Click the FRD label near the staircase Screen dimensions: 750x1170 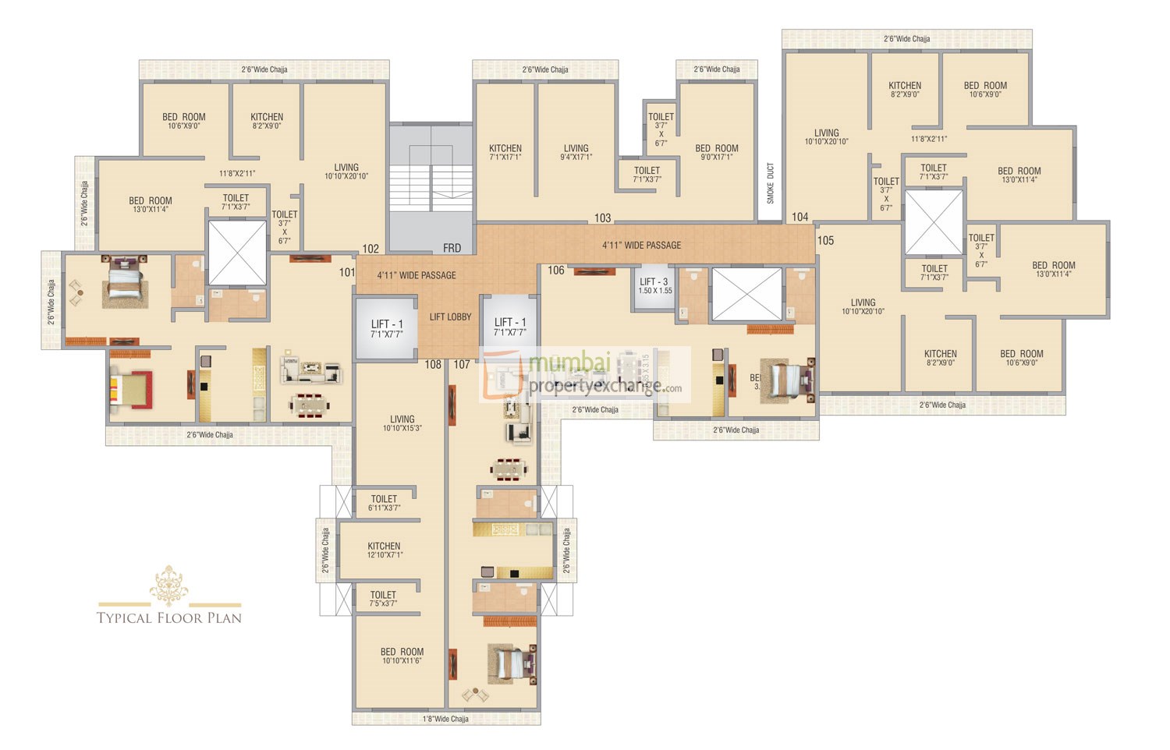(452, 248)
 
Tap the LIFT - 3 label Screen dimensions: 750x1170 (654, 282)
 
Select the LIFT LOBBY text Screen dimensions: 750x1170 (450, 317)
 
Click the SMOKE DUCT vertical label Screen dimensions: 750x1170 (771, 183)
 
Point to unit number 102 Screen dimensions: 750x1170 (370, 249)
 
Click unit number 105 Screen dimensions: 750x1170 (825, 241)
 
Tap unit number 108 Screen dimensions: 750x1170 (433, 364)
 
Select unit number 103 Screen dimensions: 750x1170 (602, 218)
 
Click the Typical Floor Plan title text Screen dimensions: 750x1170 (169, 618)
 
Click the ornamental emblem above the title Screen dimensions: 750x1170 (169, 585)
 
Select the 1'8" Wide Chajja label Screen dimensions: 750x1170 (446, 719)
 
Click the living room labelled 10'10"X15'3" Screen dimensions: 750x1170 (402, 423)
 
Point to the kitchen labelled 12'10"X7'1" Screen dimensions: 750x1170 (384, 550)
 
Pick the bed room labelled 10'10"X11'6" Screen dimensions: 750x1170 (402, 656)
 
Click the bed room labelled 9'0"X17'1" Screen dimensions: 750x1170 (716, 152)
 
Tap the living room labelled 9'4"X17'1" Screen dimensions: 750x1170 (576, 152)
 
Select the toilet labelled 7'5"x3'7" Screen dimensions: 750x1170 (383, 599)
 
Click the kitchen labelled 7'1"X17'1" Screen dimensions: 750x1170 (505, 152)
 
